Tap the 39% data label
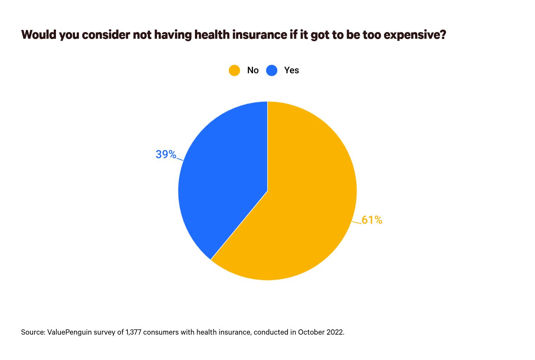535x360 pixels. coord(166,154)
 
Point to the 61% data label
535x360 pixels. coord(372,220)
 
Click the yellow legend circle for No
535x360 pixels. coord(234,70)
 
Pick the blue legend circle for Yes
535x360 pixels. coord(272,70)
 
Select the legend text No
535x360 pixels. coord(253,70)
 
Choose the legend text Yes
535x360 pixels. coord(291,70)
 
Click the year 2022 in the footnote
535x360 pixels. coord(335,332)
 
